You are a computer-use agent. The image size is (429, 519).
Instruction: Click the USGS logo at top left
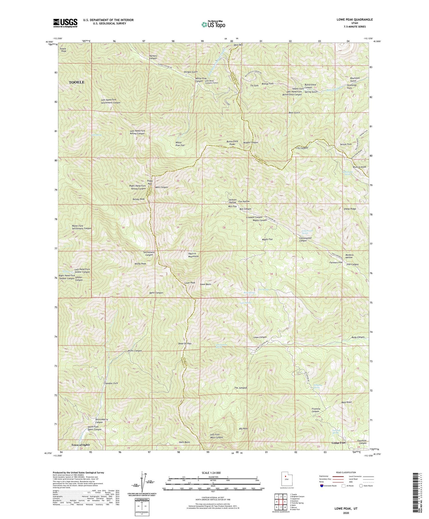click(65, 23)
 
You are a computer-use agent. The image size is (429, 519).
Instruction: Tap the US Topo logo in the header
click(213, 24)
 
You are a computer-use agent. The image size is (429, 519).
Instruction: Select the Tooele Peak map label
click(63, 50)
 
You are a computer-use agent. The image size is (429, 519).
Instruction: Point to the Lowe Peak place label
click(190, 283)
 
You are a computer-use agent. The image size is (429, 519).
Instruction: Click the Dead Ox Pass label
click(185, 344)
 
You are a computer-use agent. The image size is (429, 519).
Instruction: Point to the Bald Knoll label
click(346, 402)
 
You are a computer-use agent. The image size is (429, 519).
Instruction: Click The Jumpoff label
click(241, 388)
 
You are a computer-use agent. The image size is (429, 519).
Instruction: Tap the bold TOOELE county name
click(76, 82)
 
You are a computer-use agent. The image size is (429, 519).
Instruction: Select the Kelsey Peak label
click(138, 199)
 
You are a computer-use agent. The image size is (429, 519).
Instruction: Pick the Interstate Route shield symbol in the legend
click(322, 486)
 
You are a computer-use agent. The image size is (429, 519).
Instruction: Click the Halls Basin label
click(184, 442)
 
